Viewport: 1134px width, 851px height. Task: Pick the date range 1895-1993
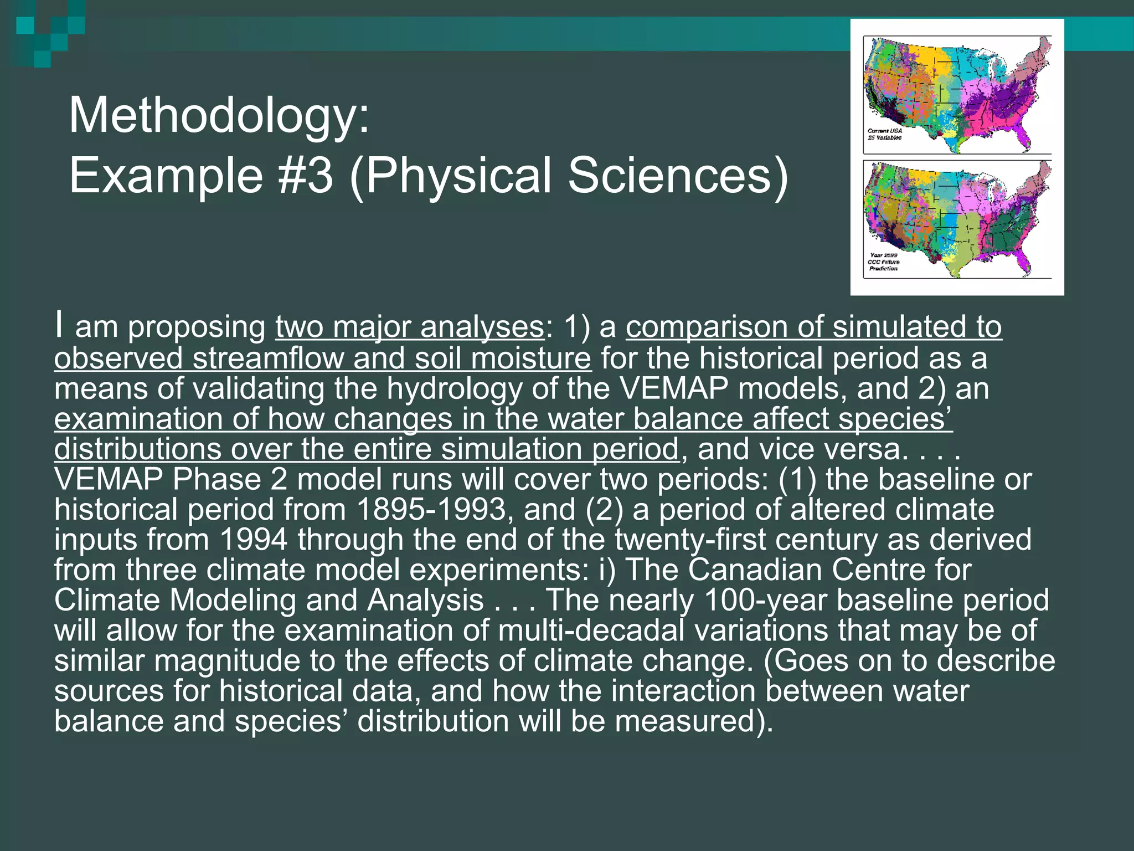click(x=431, y=509)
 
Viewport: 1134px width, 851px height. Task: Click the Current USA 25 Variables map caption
click(x=884, y=134)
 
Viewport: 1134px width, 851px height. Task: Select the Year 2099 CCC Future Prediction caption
click(x=883, y=262)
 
